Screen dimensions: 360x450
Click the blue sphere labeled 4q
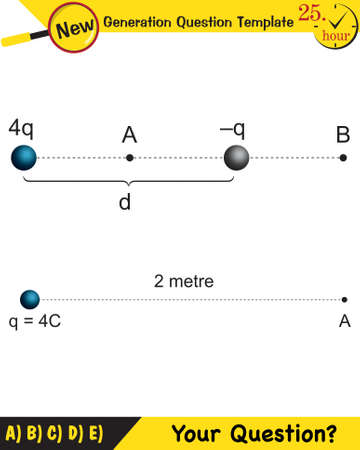tap(24, 158)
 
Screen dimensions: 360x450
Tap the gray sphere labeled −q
tap(237, 158)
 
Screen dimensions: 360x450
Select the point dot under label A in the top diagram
tap(129, 158)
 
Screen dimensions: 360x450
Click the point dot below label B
tap(343, 158)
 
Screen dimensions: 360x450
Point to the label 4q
tap(22, 129)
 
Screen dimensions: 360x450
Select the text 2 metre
tap(184, 281)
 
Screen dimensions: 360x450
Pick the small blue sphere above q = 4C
tap(30, 299)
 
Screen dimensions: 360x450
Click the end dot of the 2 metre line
tap(343, 299)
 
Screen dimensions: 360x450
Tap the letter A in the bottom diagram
tap(344, 321)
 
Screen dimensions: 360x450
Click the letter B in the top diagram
tap(343, 134)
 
